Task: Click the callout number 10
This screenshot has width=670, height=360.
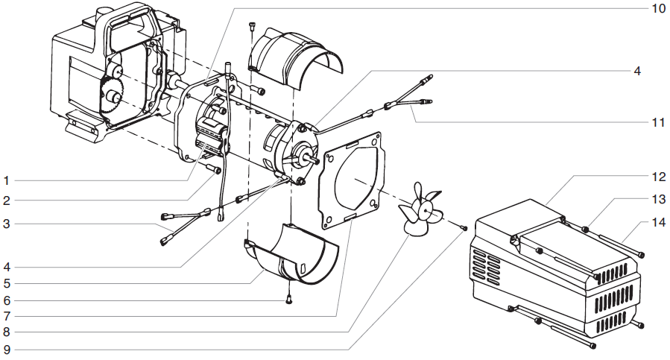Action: pyautogui.click(x=657, y=8)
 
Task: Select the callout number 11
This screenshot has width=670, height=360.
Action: pyautogui.click(x=657, y=121)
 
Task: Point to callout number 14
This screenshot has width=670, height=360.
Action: pyautogui.click(x=657, y=222)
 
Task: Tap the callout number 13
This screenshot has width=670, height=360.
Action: pyautogui.click(x=657, y=199)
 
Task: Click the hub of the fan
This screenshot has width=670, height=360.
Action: pyautogui.click(x=425, y=212)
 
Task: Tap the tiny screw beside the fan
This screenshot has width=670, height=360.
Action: pyautogui.click(x=462, y=227)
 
